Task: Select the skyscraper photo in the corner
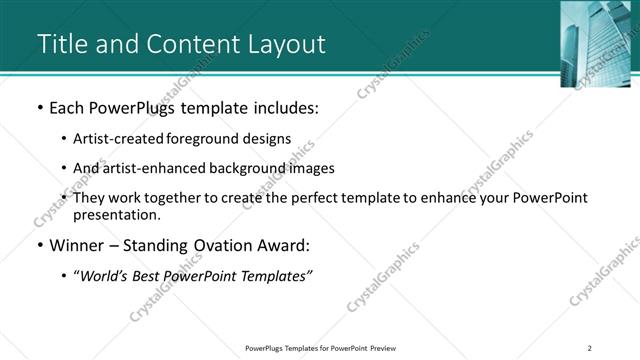[x=599, y=43]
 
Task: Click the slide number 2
[x=590, y=348]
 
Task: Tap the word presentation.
[x=117, y=214]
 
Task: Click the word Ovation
[x=221, y=245]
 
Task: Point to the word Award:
[x=283, y=245]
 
